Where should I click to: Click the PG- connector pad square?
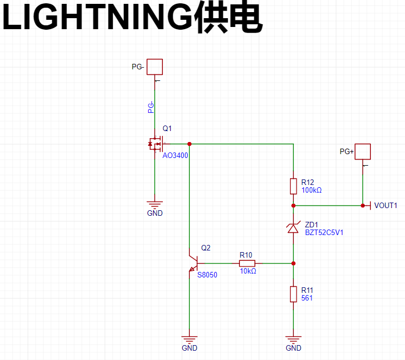(x=155, y=67)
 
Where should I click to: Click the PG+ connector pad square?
(x=363, y=152)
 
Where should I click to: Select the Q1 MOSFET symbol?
(x=156, y=144)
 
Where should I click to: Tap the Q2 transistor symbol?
(x=194, y=263)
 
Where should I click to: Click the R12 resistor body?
(x=293, y=186)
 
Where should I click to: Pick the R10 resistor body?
(x=247, y=263)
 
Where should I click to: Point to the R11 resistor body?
(x=293, y=294)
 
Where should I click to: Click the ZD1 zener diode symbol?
(x=293, y=228)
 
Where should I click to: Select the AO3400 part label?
(x=175, y=155)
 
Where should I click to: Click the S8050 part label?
(x=207, y=275)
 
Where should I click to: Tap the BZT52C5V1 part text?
(x=324, y=233)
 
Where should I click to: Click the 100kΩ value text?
(x=311, y=190)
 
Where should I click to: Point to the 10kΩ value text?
(x=248, y=271)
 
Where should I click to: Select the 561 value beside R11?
(x=307, y=298)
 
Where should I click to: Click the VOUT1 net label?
(x=386, y=205)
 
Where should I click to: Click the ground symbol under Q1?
(x=155, y=205)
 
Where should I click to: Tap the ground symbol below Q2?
(x=189, y=340)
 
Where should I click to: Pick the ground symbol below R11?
(x=293, y=340)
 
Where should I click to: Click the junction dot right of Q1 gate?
(x=189, y=144)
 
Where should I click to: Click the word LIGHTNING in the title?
(x=97, y=17)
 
